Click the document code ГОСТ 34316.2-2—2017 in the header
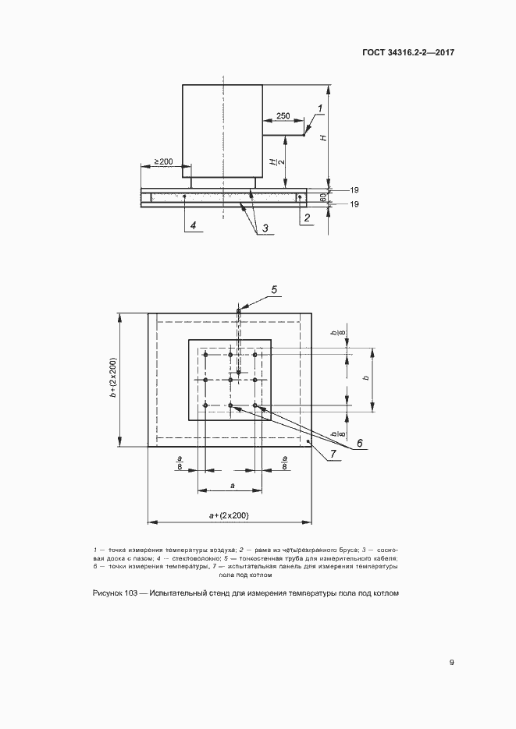409,53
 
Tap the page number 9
451,663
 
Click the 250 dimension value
283,116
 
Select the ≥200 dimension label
163,161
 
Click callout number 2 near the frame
306,218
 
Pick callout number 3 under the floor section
265,228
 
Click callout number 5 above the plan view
274,290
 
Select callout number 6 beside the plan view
360,444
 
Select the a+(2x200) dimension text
230,516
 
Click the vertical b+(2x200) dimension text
113,379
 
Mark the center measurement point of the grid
230,380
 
